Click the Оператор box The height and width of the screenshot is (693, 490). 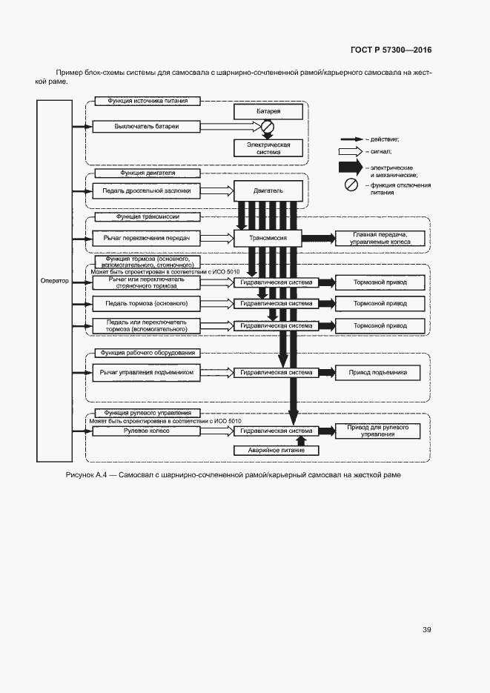54,281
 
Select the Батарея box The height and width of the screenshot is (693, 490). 268,111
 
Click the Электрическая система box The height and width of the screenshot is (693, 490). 268,148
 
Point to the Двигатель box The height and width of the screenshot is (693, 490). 268,190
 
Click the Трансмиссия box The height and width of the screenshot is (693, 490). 268,238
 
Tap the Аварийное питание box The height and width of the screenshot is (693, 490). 275,450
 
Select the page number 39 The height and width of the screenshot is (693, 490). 426,630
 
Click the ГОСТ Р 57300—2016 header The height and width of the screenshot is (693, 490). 390,50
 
